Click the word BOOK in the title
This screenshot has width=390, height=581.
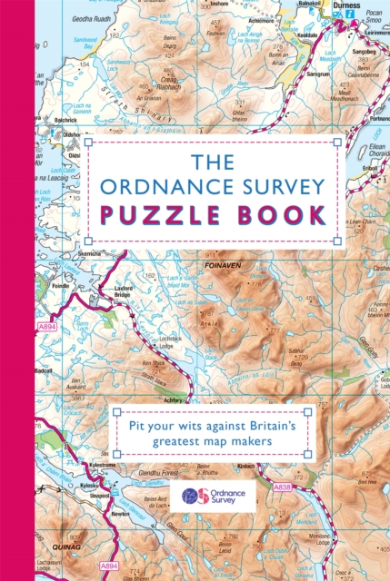276,216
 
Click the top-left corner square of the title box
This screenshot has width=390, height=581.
88,143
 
